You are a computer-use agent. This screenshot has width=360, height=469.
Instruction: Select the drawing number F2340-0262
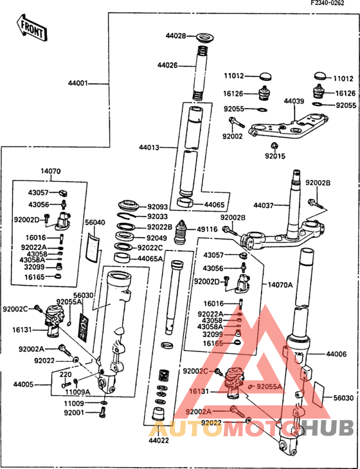[x=331, y=4]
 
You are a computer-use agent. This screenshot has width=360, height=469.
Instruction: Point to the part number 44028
[x=175, y=36]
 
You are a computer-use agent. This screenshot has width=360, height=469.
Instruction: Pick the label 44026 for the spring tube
[x=168, y=64]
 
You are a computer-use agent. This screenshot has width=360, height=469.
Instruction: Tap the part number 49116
[x=207, y=228]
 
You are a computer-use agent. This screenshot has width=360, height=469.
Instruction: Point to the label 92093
[x=157, y=207]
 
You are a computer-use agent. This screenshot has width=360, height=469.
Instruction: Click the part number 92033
[x=157, y=217]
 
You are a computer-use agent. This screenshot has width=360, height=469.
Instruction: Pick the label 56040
[x=94, y=222]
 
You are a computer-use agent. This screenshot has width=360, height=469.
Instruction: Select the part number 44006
[x=336, y=354]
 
